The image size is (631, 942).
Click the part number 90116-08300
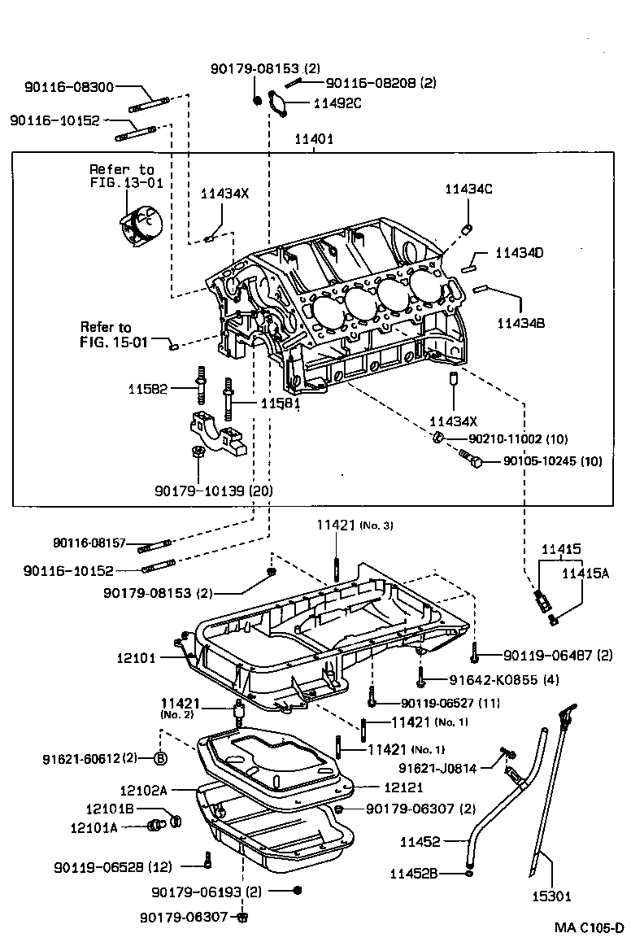(x=69, y=87)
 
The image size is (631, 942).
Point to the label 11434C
(x=468, y=189)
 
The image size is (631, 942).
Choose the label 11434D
(x=520, y=253)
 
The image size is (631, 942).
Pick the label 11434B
(x=520, y=323)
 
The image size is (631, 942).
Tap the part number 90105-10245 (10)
(x=552, y=460)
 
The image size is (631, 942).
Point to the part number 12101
(x=135, y=657)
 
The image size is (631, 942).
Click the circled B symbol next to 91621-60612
(x=161, y=758)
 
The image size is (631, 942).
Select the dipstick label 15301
(x=552, y=896)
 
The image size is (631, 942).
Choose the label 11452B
(x=414, y=874)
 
